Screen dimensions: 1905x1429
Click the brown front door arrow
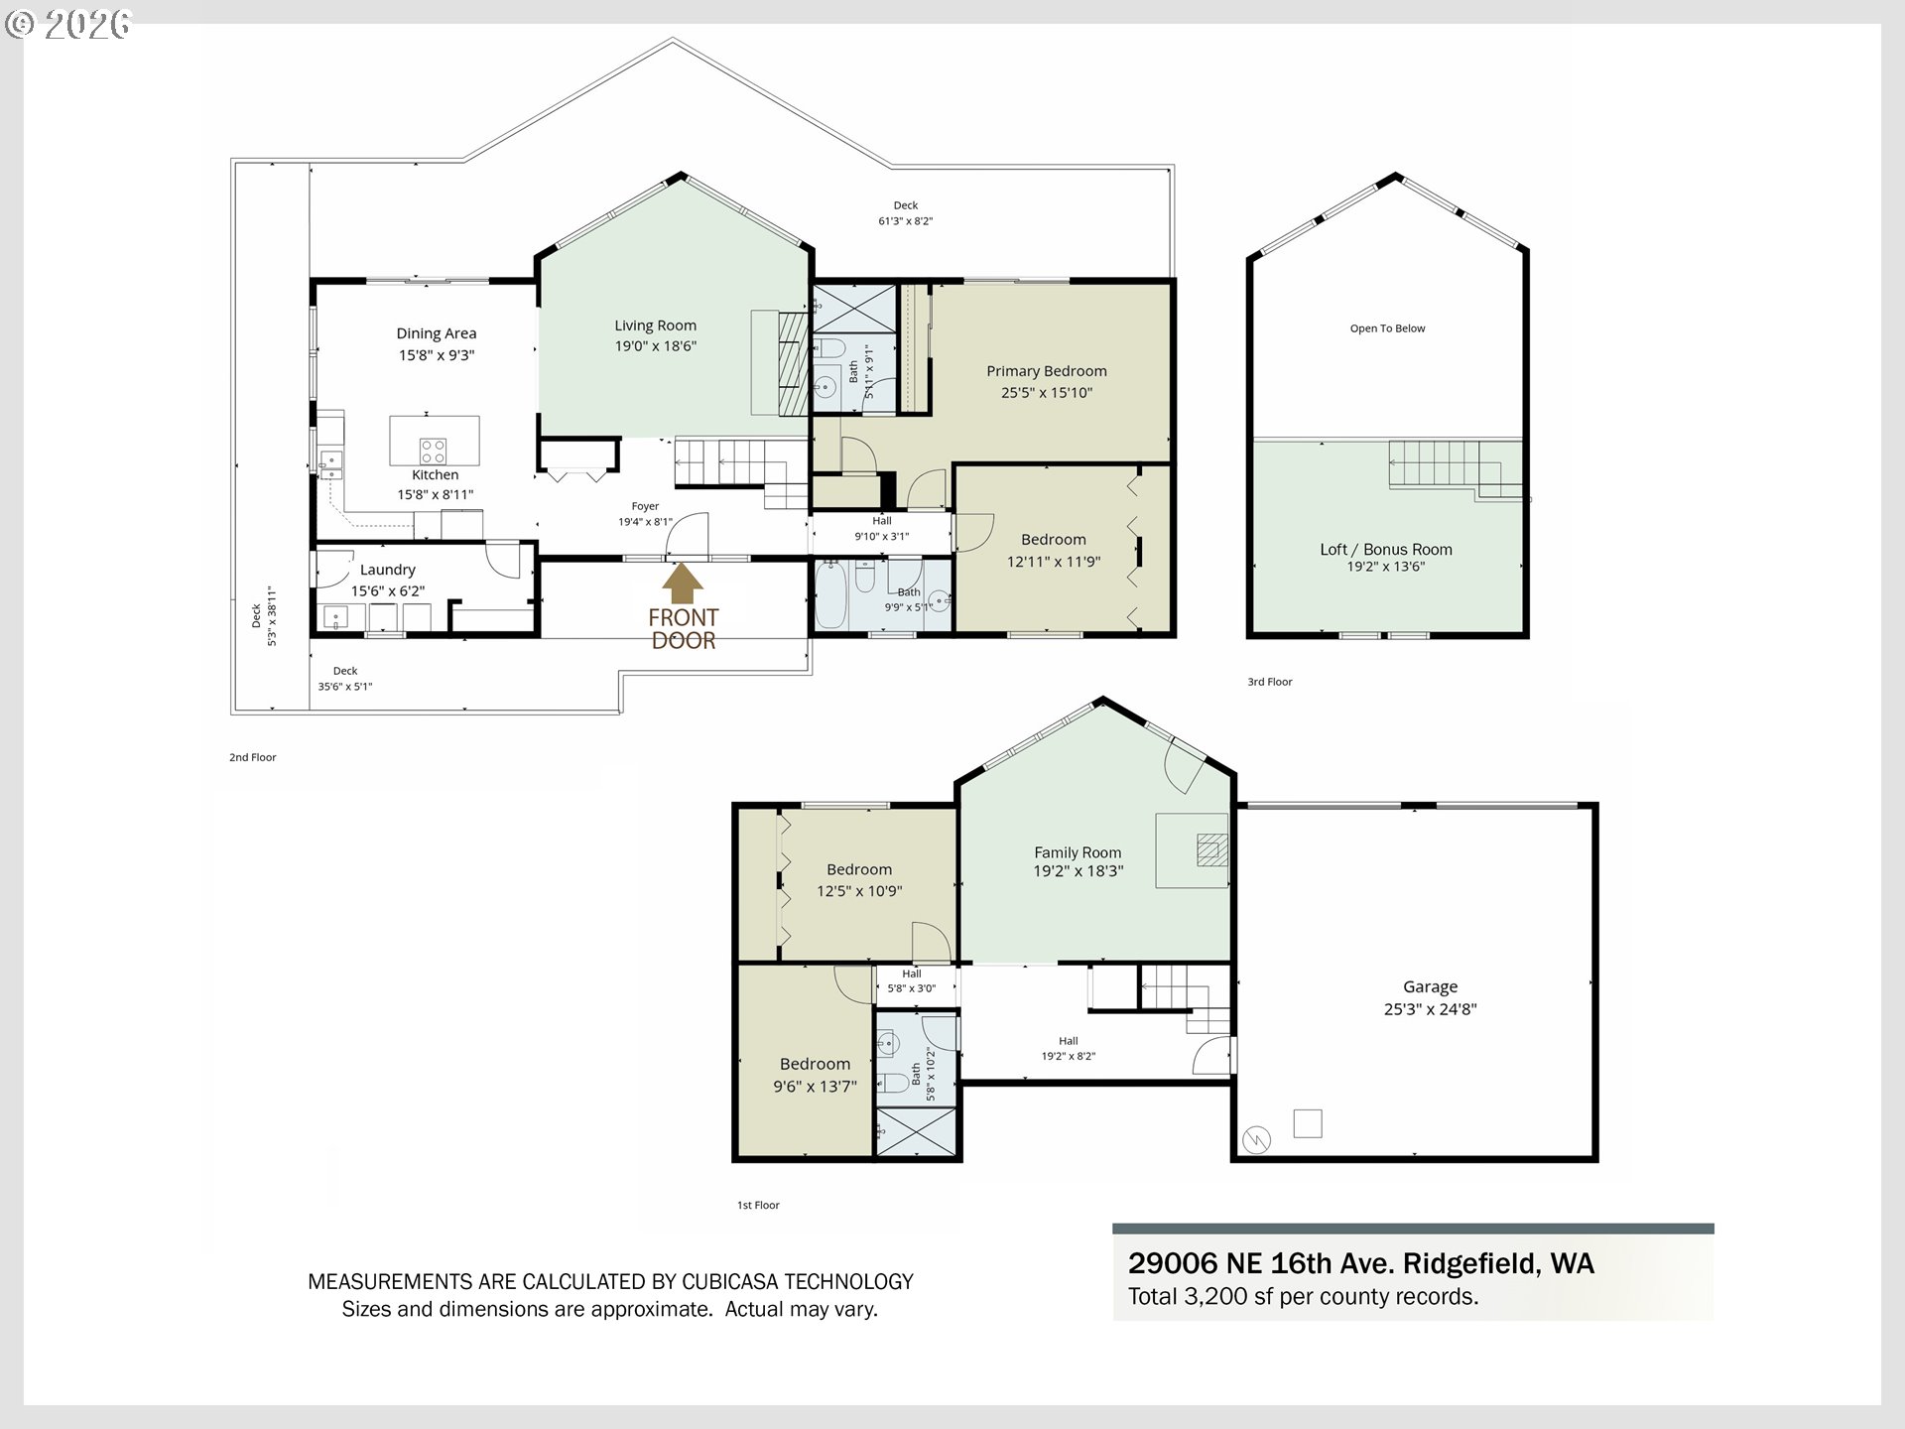pyautogui.click(x=682, y=584)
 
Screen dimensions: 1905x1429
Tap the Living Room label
pyautogui.click(x=655, y=325)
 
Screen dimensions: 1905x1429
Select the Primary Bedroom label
pyautogui.click(x=1047, y=371)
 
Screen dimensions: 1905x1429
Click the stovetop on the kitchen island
pyautogui.click(x=433, y=452)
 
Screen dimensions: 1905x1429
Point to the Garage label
pyautogui.click(x=1430, y=986)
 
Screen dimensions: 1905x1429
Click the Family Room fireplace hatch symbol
pyautogui.click(x=1210, y=849)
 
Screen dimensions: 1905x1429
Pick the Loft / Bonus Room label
pyautogui.click(x=1386, y=549)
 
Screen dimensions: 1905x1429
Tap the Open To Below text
pyautogui.click(x=1387, y=328)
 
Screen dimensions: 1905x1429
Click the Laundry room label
pyautogui.click(x=387, y=570)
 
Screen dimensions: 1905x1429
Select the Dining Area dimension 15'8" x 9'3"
pyautogui.click(x=437, y=355)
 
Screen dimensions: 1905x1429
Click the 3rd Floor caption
pyautogui.click(x=1270, y=682)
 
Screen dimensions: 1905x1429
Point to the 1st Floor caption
pyautogui.click(x=758, y=1205)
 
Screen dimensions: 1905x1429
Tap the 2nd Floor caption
pyautogui.click(x=253, y=757)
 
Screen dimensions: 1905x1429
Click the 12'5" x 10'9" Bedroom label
pyautogui.click(x=859, y=880)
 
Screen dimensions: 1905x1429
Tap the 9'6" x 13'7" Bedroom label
pyautogui.click(x=815, y=1075)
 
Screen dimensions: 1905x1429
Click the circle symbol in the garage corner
pyautogui.click(x=1257, y=1138)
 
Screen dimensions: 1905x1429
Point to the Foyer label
pyautogui.click(x=645, y=506)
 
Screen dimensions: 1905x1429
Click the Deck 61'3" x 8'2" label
pyautogui.click(x=905, y=213)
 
